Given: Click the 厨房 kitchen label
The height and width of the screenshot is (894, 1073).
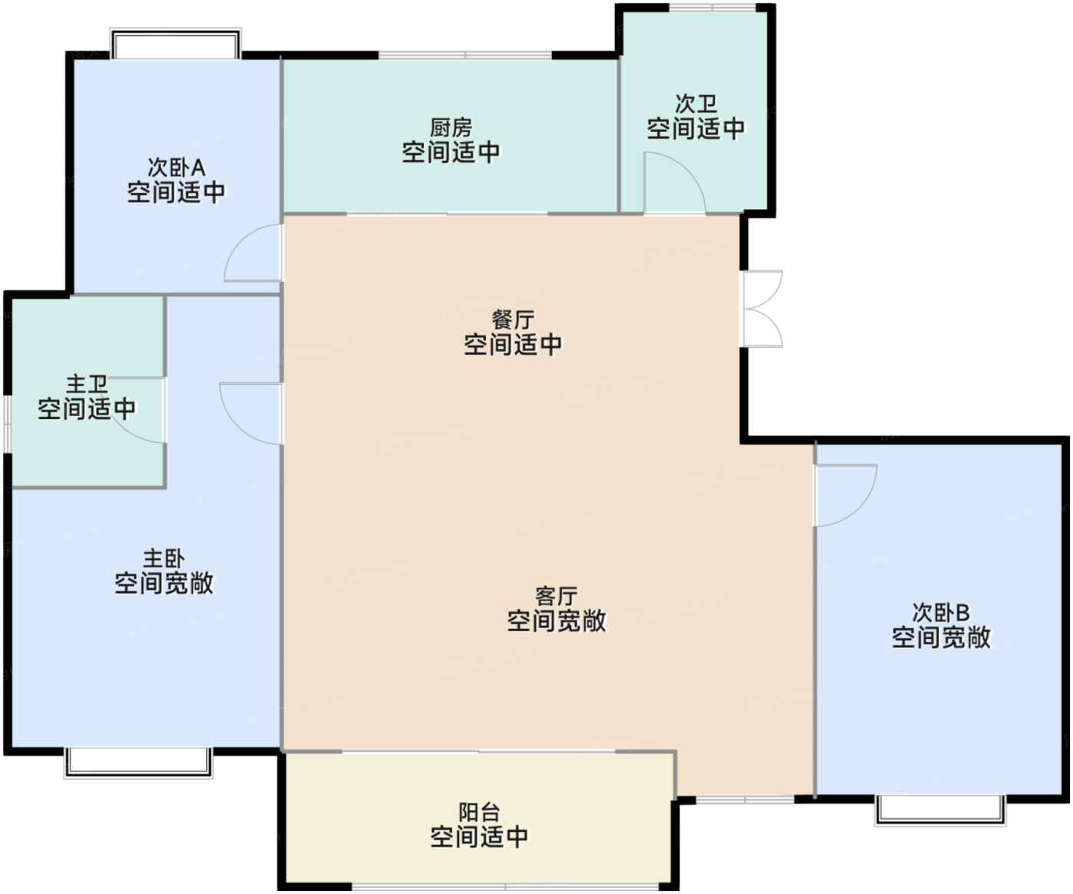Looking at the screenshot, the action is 450,127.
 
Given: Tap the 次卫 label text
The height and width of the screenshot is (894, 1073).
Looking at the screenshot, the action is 696,103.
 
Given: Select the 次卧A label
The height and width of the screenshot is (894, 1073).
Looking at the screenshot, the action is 176,168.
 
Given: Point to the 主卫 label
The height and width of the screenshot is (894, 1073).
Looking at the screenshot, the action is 87,385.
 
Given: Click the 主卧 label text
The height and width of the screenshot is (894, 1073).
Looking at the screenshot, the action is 163,558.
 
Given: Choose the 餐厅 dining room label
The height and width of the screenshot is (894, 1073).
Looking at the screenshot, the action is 513,320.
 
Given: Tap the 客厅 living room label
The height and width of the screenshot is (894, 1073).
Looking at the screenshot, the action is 556,597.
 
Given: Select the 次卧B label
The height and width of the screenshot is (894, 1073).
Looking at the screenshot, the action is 940,612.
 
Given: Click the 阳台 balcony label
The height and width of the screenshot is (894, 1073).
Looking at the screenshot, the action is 479,813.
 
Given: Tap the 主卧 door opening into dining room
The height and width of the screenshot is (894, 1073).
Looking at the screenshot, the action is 234,421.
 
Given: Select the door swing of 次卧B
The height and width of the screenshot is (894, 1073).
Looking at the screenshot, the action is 863,509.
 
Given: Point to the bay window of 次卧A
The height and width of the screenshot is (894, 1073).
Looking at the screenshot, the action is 176,43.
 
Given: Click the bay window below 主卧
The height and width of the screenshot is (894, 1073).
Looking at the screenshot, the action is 138,763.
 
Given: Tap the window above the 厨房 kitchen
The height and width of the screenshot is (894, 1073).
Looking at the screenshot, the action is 465,55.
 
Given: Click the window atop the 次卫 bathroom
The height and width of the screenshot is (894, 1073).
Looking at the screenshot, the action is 712,8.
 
